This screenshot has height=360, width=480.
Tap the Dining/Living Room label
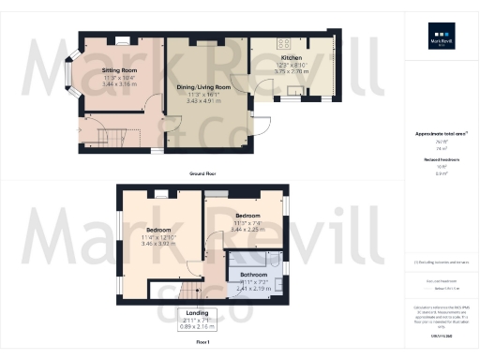click(x=202, y=87)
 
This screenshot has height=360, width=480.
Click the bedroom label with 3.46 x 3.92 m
click(x=158, y=230)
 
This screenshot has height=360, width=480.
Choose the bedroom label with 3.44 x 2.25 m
click(x=247, y=216)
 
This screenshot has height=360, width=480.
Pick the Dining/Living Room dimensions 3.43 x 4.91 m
click(x=202, y=100)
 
